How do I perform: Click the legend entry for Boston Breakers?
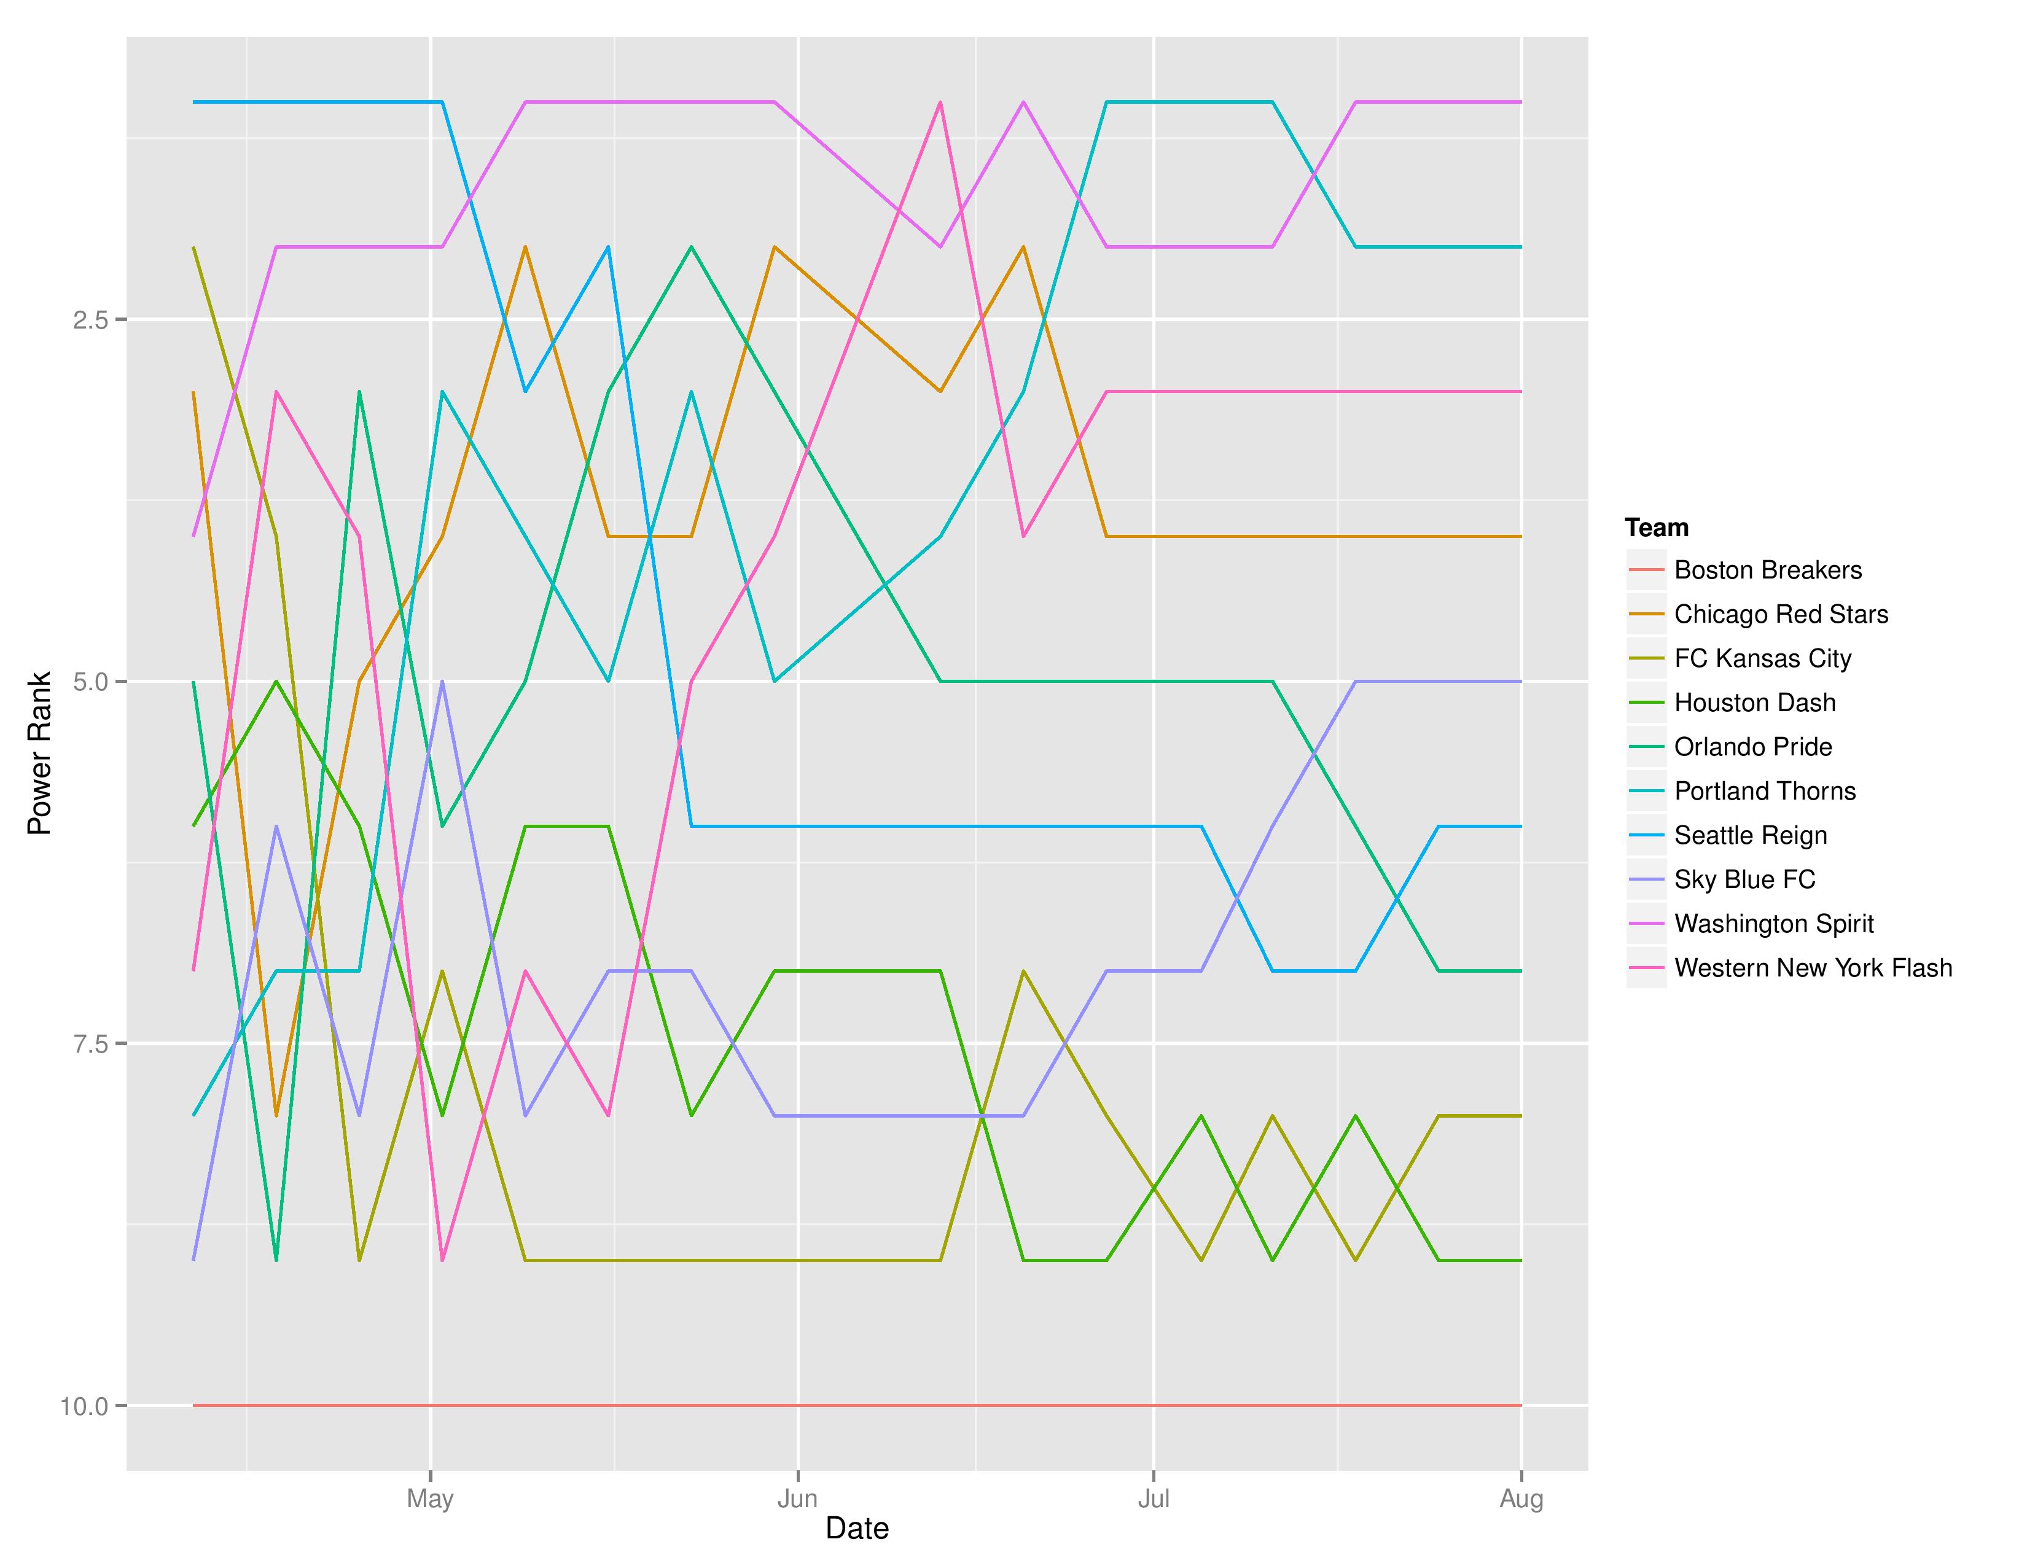[1767, 570]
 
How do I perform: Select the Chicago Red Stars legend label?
[1780, 614]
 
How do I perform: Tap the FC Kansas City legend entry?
[1762, 659]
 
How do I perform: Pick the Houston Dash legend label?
[1754, 703]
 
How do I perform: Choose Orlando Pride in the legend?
[1752, 747]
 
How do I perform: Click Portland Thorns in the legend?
[1764, 792]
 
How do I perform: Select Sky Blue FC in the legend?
[1744, 879]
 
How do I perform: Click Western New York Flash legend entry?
[1813, 968]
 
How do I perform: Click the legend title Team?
[1656, 528]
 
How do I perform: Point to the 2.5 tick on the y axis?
[90, 320]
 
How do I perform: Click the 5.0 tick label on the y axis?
[90, 682]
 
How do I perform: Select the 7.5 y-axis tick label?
[90, 1043]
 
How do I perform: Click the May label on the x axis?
[430, 1498]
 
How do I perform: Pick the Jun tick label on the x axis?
[797, 1498]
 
